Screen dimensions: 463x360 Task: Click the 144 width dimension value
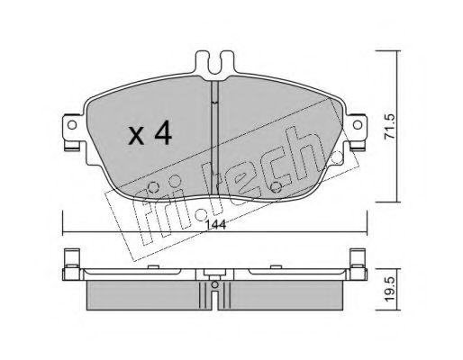(x=216, y=225)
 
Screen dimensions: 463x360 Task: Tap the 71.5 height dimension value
(x=391, y=126)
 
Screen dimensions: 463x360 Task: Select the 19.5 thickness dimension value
(x=391, y=290)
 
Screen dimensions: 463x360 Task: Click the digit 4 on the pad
(x=163, y=134)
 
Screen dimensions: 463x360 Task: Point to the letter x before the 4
(x=137, y=137)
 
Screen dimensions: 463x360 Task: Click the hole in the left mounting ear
(x=72, y=124)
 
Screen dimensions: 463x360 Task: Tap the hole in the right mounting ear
(x=358, y=124)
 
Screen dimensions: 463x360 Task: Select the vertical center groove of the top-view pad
(x=214, y=138)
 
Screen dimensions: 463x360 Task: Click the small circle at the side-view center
(x=215, y=284)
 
